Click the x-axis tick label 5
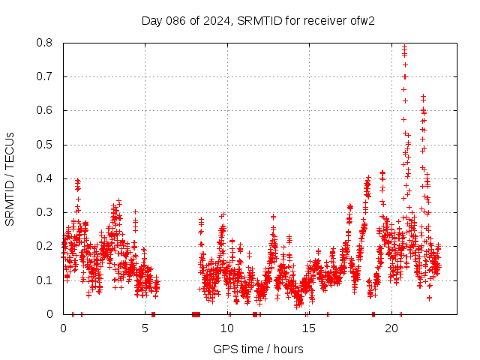tap(145, 328)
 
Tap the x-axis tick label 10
tap(227, 328)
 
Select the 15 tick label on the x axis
tap(309, 328)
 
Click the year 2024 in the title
tap(217, 20)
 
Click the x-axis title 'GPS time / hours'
tap(258, 349)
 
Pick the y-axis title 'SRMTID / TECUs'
tap(10, 178)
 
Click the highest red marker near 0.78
tap(405, 47)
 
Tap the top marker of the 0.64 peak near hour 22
tap(423, 97)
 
